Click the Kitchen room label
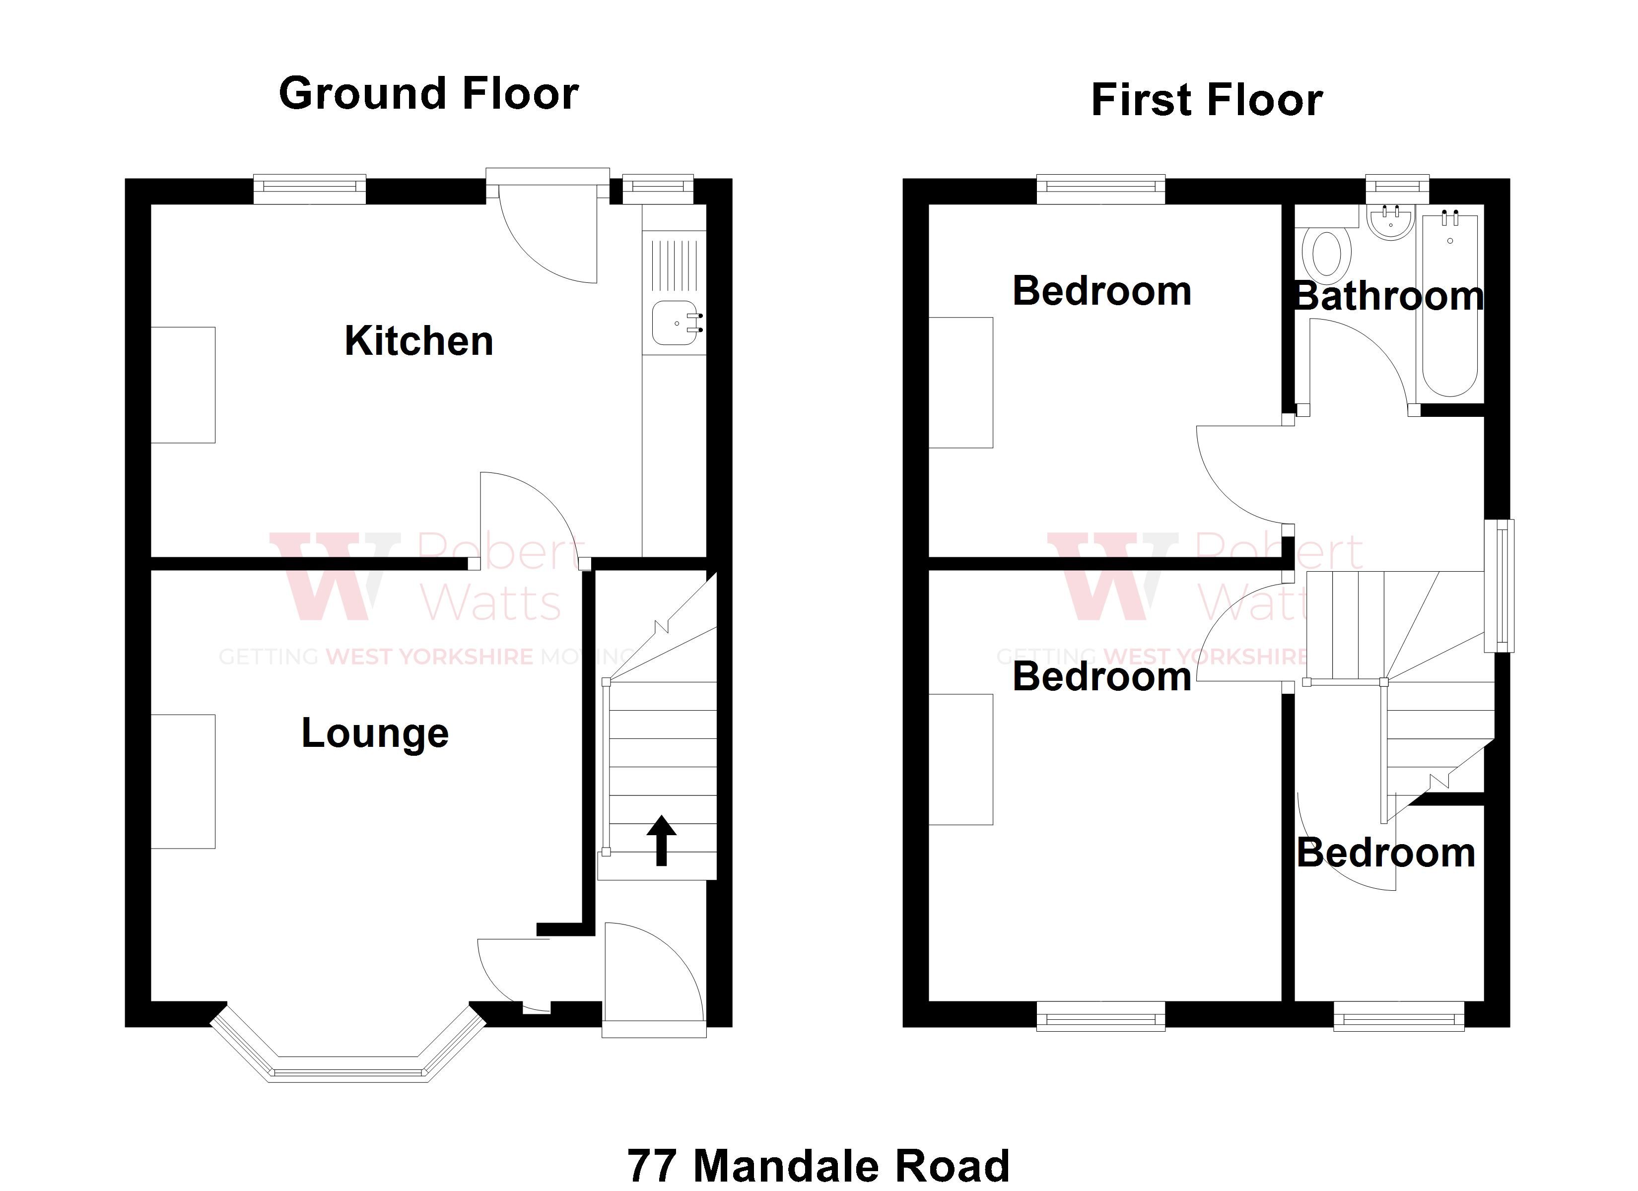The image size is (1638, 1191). (419, 341)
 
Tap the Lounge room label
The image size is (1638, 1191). (375, 733)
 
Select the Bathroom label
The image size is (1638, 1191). (1388, 297)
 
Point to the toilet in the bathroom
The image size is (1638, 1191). (1326, 255)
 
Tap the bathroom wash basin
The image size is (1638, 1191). (1390, 222)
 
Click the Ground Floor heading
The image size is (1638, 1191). (428, 94)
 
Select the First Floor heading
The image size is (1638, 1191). (1206, 100)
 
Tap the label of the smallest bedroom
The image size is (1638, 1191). (1386, 854)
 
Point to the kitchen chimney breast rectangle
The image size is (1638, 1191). (183, 385)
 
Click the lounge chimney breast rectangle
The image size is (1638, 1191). (183, 782)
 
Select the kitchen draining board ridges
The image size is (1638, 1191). (674, 266)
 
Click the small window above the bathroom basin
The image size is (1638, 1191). (1397, 187)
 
